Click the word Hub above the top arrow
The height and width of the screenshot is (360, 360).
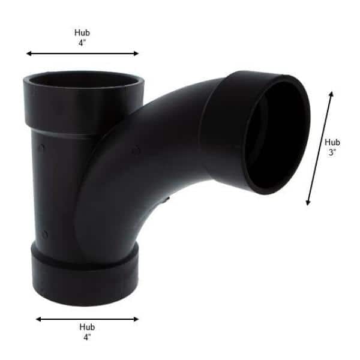[x=82, y=33]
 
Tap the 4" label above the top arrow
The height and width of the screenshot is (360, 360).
[x=82, y=43]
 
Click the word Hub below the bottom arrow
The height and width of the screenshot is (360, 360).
[x=87, y=327]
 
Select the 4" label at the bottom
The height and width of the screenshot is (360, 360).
[x=87, y=337]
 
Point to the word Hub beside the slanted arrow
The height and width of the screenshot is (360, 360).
[x=332, y=142]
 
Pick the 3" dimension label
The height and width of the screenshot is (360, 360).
[x=332, y=152]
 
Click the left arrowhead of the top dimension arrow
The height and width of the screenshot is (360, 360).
[x=29, y=54]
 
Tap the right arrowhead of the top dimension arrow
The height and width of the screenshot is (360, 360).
[x=136, y=54]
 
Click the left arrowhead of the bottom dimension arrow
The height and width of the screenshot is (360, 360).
[x=38, y=319]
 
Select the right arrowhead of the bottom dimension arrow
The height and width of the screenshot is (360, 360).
[x=136, y=319]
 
